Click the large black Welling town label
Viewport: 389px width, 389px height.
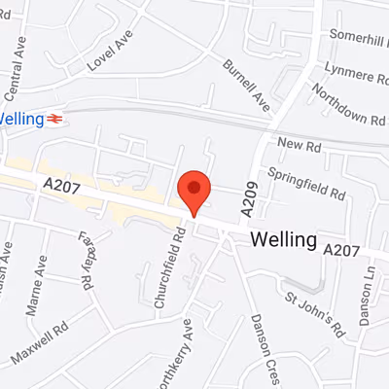point(283,238)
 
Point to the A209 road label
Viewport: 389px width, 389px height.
point(249,199)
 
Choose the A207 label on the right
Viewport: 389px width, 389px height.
point(341,250)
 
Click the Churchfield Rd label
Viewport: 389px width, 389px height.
point(167,273)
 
